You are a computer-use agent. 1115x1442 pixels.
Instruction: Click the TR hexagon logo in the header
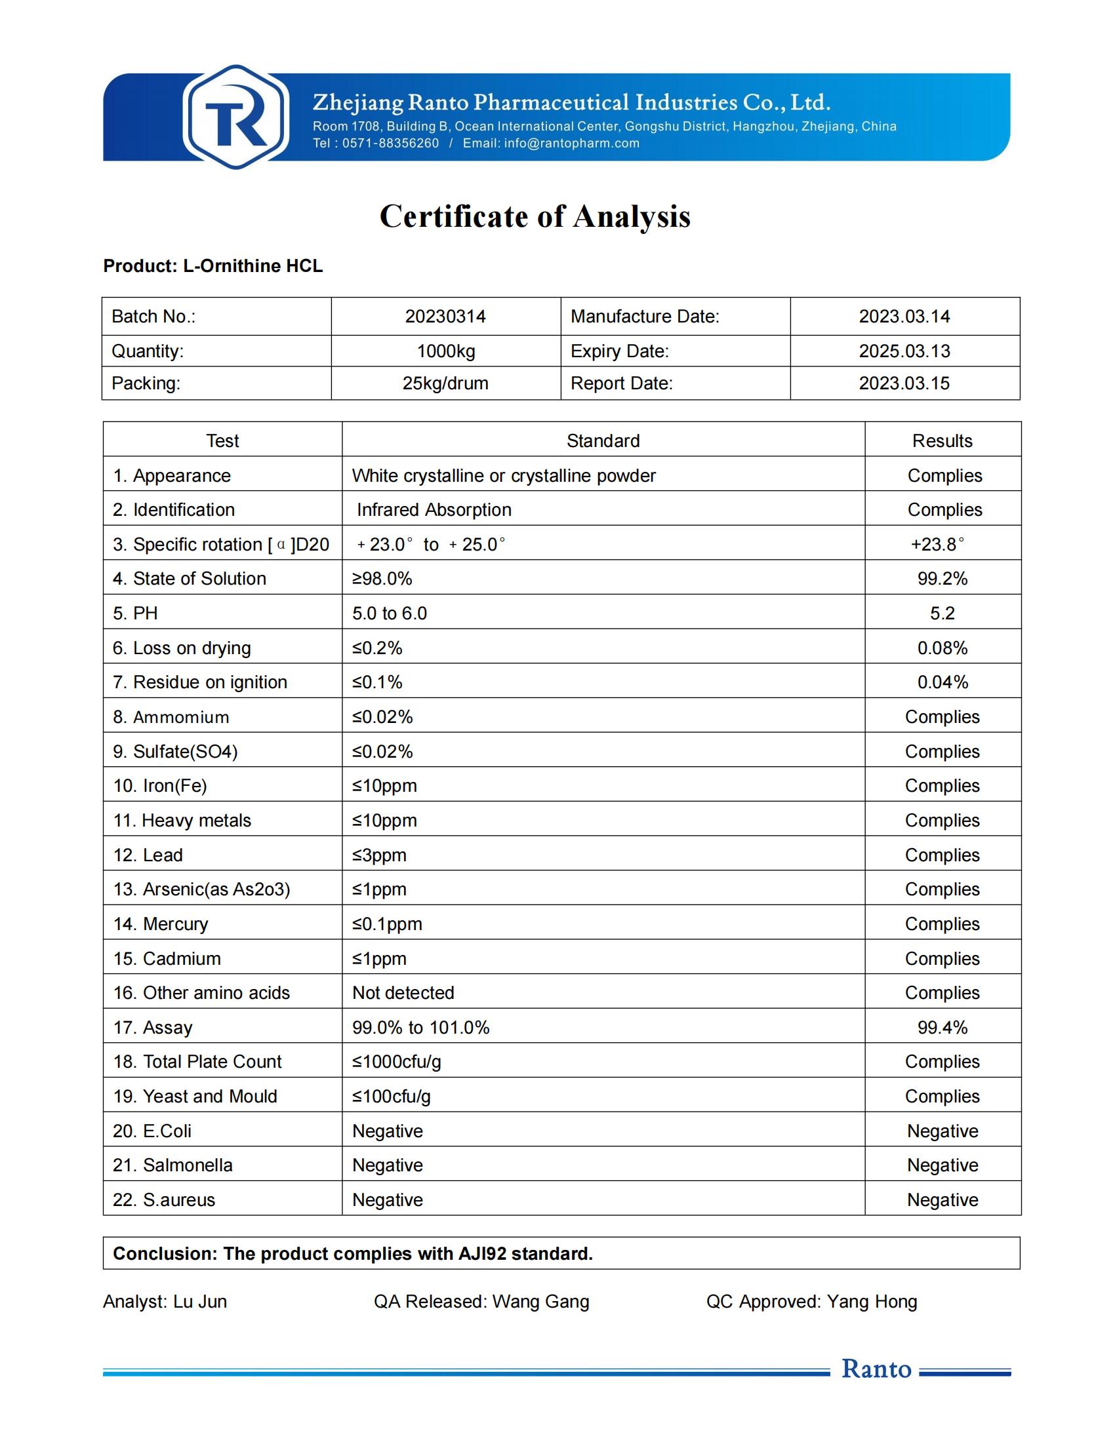tap(236, 117)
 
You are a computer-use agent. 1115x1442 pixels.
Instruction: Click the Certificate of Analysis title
tap(535, 216)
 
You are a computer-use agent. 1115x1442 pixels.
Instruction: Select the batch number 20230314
tap(445, 317)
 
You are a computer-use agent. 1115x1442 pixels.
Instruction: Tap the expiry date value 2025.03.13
tap(904, 351)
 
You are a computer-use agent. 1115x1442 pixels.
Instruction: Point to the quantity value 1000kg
tap(446, 351)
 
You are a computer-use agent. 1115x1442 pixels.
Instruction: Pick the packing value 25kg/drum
tap(445, 383)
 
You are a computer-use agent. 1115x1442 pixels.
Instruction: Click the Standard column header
tap(603, 440)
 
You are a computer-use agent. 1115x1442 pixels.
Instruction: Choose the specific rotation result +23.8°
tap(937, 544)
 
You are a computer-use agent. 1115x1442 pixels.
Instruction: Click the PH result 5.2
tap(942, 614)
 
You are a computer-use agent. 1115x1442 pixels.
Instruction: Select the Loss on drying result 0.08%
tap(942, 648)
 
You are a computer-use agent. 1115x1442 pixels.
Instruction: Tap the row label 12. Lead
tap(148, 855)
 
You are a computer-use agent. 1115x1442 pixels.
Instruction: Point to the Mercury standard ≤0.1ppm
tap(387, 924)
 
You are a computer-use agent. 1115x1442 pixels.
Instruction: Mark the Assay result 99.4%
tap(942, 1027)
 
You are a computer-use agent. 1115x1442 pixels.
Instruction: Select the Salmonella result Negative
tap(942, 1165)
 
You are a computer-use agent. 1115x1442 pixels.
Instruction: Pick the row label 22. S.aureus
tap(164, 1199)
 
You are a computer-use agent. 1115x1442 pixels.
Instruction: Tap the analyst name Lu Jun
tap(200, 1301)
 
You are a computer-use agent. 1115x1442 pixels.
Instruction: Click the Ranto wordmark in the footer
tap(876, 1369)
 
